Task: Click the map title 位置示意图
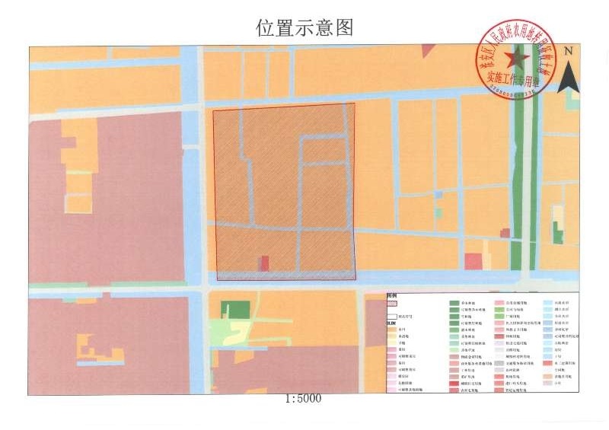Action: (x=304, y=28)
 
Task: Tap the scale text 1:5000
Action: (x=304, y=399)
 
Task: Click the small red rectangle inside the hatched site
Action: (x=264, y=263)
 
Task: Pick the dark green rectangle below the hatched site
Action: (x=234, y=310)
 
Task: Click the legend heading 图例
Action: (x=391, y=295)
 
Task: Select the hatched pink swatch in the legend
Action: (x=392, y=302)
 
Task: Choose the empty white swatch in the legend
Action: (x=392, y=317)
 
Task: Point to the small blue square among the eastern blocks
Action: (x=438, y=195)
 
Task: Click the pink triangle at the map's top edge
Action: (x=428, y=52)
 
